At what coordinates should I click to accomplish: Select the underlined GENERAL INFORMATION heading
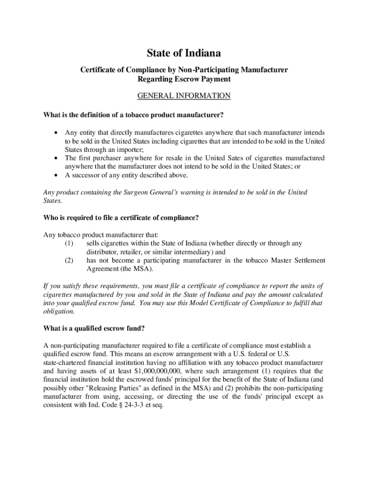click(x=184, y=96)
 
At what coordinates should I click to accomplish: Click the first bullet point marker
click(x=57, y=132)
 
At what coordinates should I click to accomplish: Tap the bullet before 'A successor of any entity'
click(x=57, y=175)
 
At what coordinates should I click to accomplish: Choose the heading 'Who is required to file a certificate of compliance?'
click(x=121, y=218)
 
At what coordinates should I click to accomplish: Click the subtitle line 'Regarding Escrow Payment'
click(x=184, y=79)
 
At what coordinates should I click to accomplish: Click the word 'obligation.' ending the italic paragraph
click(x=59, y=311)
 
